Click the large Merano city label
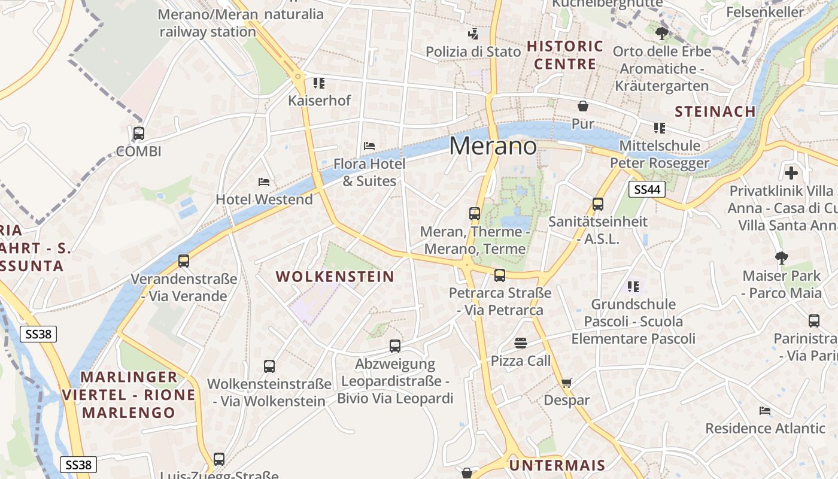point(493,145)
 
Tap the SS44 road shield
point(648,190)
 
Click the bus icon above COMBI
point(139,134)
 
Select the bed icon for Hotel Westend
point(264,181)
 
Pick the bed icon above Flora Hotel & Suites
point(369,145)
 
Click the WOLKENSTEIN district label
point(335,277)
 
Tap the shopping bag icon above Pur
point(583,107)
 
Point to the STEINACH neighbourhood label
point(715,111)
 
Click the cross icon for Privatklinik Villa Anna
point(791,174)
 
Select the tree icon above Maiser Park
point(781,258)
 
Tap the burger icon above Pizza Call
point(521,343)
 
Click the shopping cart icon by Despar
point(567,383)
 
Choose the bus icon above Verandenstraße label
point(184,261)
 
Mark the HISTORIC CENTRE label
point(565,55)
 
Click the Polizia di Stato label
point(473,52)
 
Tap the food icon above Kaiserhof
point(319,83)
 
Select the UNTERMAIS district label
point(557,465)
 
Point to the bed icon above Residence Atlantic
point(765,411)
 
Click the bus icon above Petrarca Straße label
point(500,275)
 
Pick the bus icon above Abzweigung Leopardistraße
point(395,345)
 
